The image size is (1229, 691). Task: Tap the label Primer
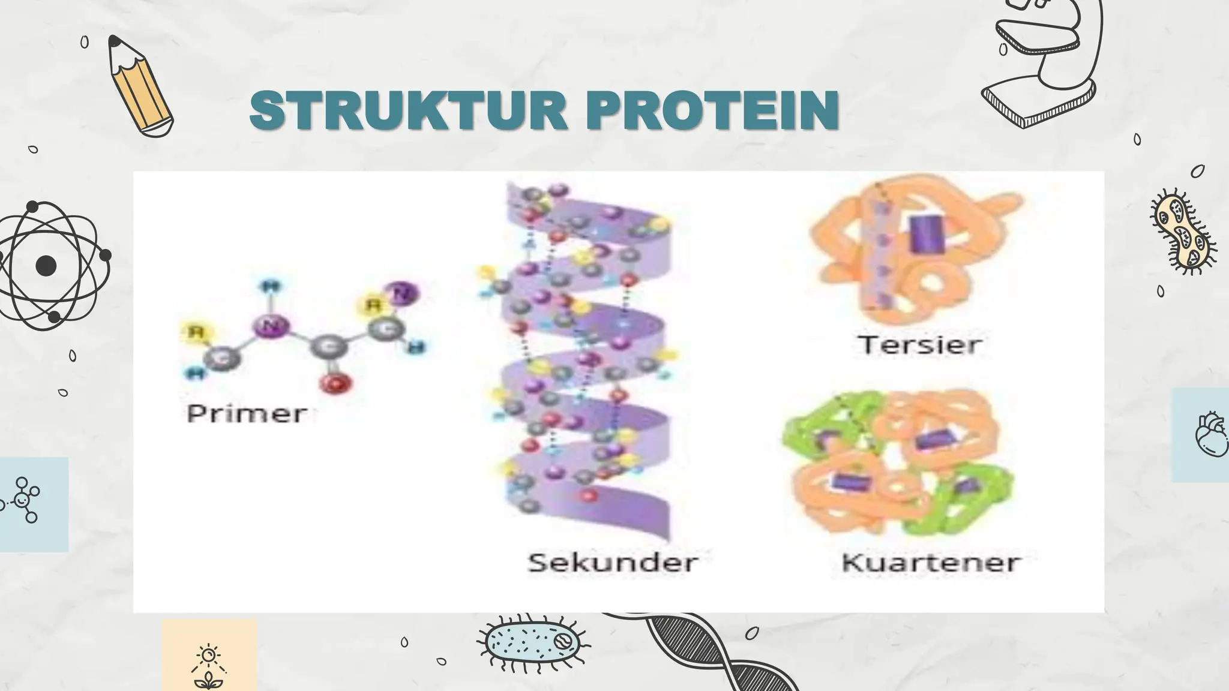[x=247, y=414]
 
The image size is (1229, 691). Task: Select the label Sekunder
[x=613, y=562]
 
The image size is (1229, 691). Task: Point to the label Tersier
[x=919, y=344]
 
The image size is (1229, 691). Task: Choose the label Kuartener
[x=931, y=562]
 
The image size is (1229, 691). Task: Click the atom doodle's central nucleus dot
[x=46, y=266]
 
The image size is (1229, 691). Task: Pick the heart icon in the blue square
[x=1209, y=434]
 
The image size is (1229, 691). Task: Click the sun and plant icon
[x=208, y=666]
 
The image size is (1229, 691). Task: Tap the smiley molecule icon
[x=23, y=499]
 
